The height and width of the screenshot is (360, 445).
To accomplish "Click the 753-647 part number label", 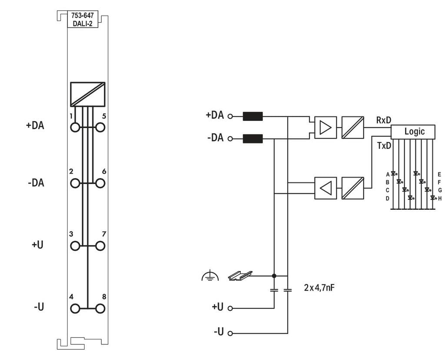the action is [82, 16].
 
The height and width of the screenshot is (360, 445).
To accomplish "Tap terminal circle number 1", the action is [75, 127].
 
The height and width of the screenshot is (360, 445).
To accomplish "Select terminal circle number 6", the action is [100, 183].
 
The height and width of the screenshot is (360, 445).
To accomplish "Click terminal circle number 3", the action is [75, 246].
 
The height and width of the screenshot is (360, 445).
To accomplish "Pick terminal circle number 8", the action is [100, 308].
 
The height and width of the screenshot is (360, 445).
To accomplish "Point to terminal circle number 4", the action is [75, 308].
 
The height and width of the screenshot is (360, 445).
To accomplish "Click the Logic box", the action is [413, 132].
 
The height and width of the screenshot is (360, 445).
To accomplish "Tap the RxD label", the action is [383, 120].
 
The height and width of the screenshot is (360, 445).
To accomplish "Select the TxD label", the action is [384, 146].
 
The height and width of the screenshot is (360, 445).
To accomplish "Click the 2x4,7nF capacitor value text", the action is [319, 287].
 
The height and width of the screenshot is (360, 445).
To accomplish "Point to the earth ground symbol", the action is [210, 275].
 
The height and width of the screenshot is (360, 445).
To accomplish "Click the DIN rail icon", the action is [240, 275].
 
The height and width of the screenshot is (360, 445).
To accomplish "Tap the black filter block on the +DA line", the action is [252, 116].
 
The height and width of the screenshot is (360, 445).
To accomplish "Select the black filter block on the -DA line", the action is [252, 139].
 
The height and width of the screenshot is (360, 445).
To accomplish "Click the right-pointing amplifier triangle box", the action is [325, 127].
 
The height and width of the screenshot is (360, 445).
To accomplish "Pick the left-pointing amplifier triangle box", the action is [325, 188].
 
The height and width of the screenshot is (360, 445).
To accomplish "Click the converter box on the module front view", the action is [88, 95].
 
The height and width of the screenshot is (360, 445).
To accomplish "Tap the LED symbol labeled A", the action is [394, 173].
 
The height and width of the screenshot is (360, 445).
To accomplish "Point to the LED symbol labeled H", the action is [433, 198].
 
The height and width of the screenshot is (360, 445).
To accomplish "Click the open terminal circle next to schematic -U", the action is [230, 334].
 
